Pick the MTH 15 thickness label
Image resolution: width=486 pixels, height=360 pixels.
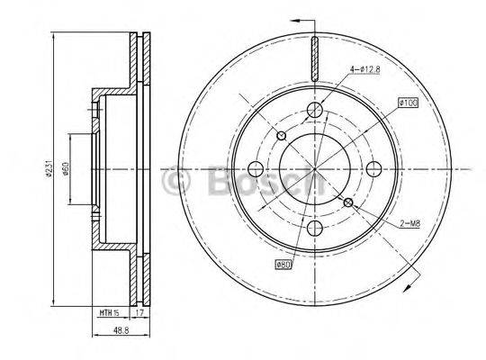point(109,312)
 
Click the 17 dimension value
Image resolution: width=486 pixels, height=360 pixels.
point(139,312)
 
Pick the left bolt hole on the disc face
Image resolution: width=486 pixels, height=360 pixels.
point(255,169)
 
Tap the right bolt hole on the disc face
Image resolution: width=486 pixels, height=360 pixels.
point(373,169)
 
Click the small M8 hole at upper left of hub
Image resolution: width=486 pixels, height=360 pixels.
point(281,136)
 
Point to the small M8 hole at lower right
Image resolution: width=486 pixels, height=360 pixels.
point(347,202)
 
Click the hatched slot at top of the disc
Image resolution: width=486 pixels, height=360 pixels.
point(314,58)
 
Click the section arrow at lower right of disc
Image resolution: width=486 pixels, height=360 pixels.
point(409,285)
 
